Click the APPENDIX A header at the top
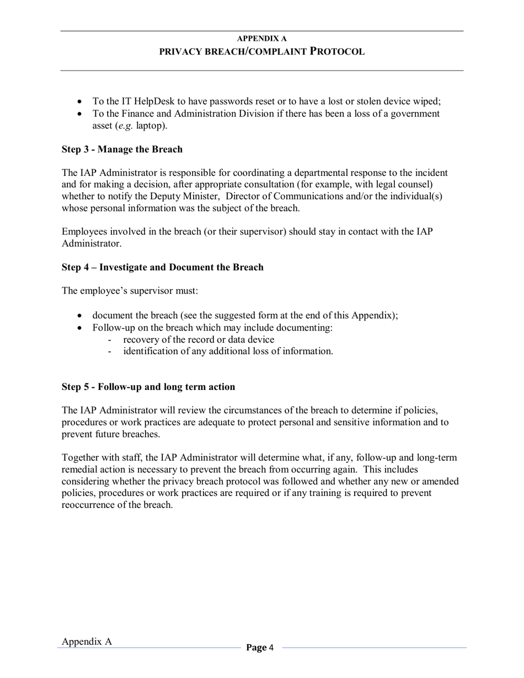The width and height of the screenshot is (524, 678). click(x=261, y=39)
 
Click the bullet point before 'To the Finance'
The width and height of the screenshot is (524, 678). click(x=81, y=114)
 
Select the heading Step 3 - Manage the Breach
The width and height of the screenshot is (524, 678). click(x=122, y=150)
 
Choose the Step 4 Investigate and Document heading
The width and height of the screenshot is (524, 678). click(x=162, y=268)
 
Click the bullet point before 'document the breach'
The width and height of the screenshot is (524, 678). click(x=81, y=316)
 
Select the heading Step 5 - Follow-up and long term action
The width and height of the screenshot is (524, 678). click(x=148, y=387)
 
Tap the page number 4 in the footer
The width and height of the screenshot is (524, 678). click(x=271, y=648)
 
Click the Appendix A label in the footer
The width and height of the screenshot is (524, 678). click(x=87, y=642)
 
